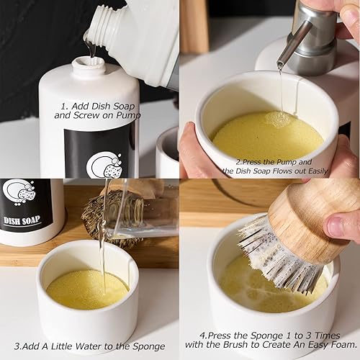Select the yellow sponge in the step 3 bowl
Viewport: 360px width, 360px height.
(87, 289)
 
